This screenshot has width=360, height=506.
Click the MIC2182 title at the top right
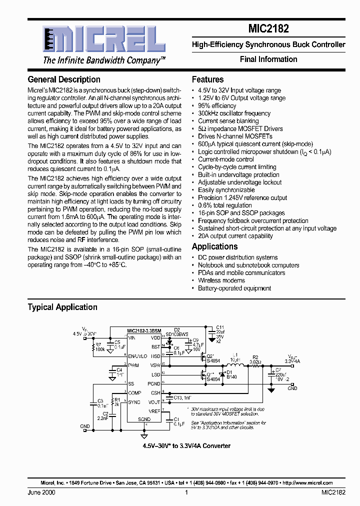pos(268,29)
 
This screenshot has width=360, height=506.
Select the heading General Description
pos(64,79)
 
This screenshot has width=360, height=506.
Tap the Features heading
pos(207,79)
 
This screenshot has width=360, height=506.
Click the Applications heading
pos(214,246)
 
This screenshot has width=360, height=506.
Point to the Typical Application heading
pos(62,307)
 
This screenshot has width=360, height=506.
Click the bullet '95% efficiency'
pos(217,106)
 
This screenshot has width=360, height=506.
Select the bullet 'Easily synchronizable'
pos(226,190)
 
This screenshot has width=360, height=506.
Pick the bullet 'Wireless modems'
pos(221,280)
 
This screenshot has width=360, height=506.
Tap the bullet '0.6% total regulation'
pos(224,205)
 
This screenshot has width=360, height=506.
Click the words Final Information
pos(268,59)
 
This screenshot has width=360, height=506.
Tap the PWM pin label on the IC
pos(133,365)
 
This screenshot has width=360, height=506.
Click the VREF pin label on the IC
pos(154,410)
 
